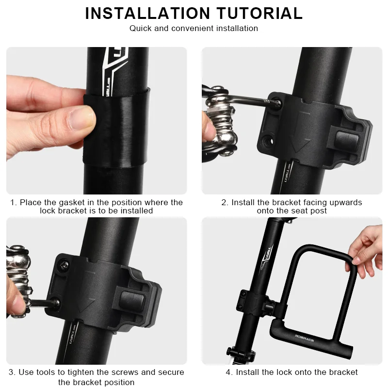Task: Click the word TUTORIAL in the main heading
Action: pos(259,13)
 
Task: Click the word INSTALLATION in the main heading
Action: pos(147,13)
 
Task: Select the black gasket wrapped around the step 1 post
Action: pos(116,129)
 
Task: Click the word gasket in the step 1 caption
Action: pos(72,202)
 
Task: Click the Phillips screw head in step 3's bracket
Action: pos(64,265)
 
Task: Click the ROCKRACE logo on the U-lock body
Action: pos(305,338)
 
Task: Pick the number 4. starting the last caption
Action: pos(229,372)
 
